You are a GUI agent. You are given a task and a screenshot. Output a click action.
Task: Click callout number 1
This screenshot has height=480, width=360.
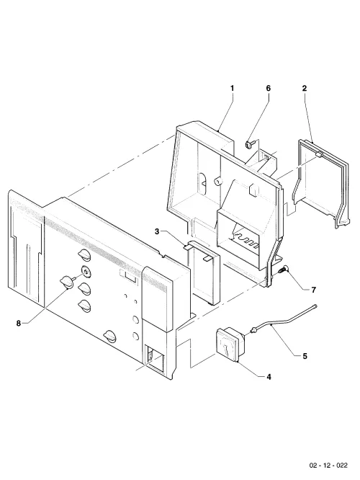(232, 89)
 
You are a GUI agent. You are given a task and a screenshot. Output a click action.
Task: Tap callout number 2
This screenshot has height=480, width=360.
(305, 89)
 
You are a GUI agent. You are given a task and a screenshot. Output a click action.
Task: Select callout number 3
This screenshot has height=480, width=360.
(157, 232)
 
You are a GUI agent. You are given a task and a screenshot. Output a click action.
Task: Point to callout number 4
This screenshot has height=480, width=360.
(269, 377)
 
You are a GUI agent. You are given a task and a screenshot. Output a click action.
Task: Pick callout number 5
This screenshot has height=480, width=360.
(305, 356)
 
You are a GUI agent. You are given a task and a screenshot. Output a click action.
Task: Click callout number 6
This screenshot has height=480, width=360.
(269, 89)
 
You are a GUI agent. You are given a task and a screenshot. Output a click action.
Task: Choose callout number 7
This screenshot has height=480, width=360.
(313, 290)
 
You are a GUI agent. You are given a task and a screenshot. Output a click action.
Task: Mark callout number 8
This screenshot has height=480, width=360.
(19, 324)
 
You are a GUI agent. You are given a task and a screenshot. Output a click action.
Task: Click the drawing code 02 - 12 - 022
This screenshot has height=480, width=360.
(328, 466)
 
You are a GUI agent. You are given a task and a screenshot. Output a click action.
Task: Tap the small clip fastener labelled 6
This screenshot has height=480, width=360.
(248, 144)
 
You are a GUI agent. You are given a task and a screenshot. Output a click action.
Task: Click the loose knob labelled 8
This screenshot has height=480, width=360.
(67, 281)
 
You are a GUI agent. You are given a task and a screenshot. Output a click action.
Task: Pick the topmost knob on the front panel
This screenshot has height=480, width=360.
(85, 255)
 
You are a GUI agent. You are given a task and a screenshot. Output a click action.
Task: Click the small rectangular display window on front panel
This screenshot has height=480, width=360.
(128, 275)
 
